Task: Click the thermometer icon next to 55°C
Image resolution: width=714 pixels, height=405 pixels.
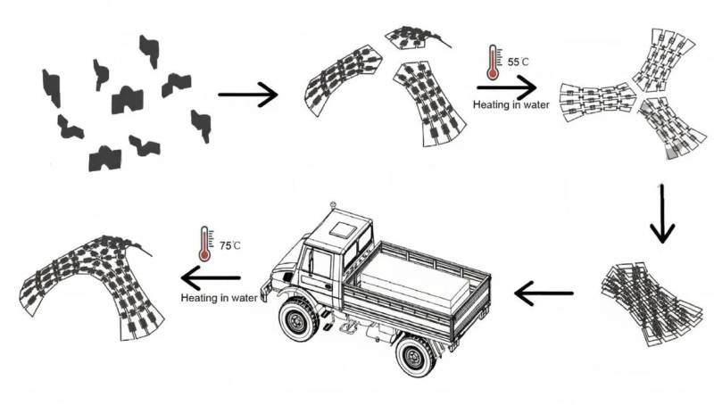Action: pyautogui.click(x=491, y=64)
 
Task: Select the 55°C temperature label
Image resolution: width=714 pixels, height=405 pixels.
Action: pyautogui.click(x=518, y=63)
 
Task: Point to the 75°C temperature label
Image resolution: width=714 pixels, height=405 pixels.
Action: pyautogui.click(x=230, y=244)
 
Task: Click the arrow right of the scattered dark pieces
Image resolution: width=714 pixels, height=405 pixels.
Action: pyautogui.click(x=247, y=96)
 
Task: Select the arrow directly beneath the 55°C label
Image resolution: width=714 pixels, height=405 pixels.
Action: pyautogui.click(x=506, y=87)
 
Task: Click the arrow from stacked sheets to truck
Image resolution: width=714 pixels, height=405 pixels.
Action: pyautogui.click(x=544, y=291)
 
